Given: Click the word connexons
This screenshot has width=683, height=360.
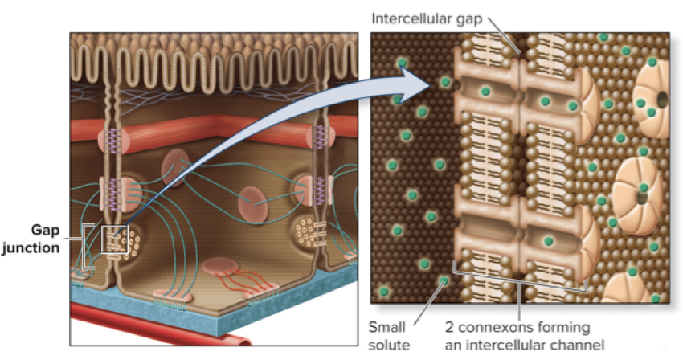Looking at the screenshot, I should point(502,327).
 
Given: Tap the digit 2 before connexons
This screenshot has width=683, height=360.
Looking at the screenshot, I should point(450,327).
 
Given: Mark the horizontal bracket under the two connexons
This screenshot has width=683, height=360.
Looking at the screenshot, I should point(519,287).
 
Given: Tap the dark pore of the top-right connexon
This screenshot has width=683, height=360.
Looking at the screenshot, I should point(661,99).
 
